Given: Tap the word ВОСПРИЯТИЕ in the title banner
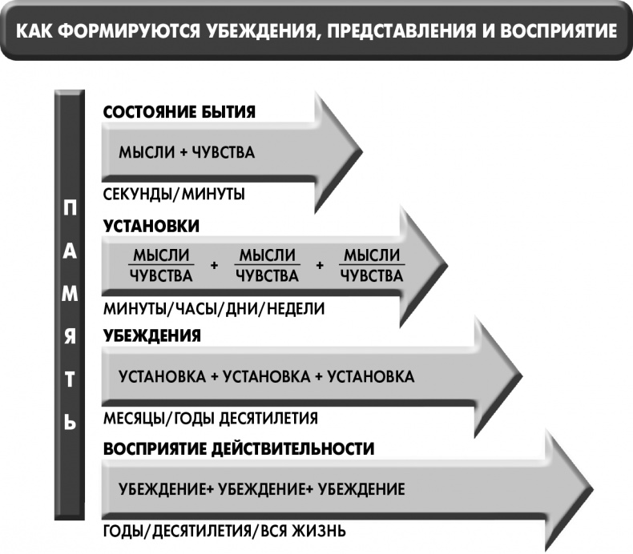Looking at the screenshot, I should (550, 31).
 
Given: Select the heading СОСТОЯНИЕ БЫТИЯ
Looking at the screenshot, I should (179, 112).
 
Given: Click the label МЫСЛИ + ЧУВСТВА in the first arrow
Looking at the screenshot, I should (187, 153).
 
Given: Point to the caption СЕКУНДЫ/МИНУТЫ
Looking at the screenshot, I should (174, 194).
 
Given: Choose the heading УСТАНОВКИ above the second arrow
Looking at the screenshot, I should (151, 226).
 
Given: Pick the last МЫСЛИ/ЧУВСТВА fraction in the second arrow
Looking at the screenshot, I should (373, 266).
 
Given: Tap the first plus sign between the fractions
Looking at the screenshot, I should (214, 266).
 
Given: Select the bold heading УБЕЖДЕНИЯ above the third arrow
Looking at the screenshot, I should (152, 336).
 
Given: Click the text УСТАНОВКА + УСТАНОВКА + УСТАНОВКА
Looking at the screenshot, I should (266, 376).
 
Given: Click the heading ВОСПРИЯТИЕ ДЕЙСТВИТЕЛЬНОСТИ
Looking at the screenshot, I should (239, 448).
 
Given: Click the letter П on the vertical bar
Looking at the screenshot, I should (71, 208).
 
